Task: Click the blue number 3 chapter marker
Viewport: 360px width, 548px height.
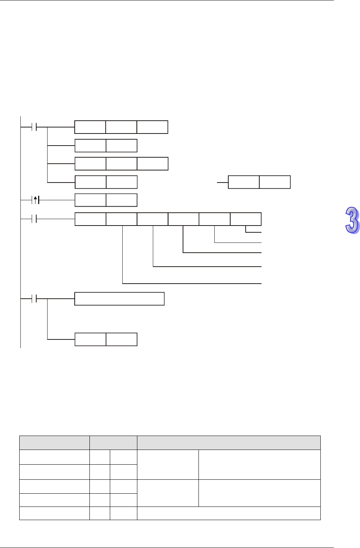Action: [x=352, y=221]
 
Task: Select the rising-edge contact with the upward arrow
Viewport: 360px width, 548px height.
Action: [x=36, y=200]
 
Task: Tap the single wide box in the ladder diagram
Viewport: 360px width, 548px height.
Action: [x=119, y=299]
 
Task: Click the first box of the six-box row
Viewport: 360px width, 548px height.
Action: [x=90, y=219]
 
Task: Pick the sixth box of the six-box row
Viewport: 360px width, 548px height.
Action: [x=246, y=219]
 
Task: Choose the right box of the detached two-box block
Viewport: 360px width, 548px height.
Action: [x=275, y=182]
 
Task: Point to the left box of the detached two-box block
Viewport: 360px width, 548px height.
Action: [x=244, y=182]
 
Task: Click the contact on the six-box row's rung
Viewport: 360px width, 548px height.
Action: [x=34, y=219]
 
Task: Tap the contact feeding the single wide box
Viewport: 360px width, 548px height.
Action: [x=34, y=299]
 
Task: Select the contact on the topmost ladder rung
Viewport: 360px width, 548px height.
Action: [x=34, y=127]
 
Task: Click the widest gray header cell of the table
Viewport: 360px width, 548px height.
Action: [x=229, y=442]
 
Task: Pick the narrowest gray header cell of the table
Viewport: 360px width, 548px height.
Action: [x=113, y=442]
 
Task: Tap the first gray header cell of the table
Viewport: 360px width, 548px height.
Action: [x=54, y=442]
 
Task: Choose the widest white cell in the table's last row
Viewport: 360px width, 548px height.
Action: [x=229, y=513]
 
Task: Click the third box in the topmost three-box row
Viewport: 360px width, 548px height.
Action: [x=152, y=127]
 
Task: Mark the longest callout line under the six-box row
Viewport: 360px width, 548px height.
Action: [x=192, y=283]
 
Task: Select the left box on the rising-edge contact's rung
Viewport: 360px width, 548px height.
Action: [x=90, y=200]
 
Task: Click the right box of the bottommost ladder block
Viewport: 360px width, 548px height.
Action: [x=122, y=339]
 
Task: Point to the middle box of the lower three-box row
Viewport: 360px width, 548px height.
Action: [x=121, y=164]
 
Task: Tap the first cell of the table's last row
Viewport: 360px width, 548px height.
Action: [x=54, y=513]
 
